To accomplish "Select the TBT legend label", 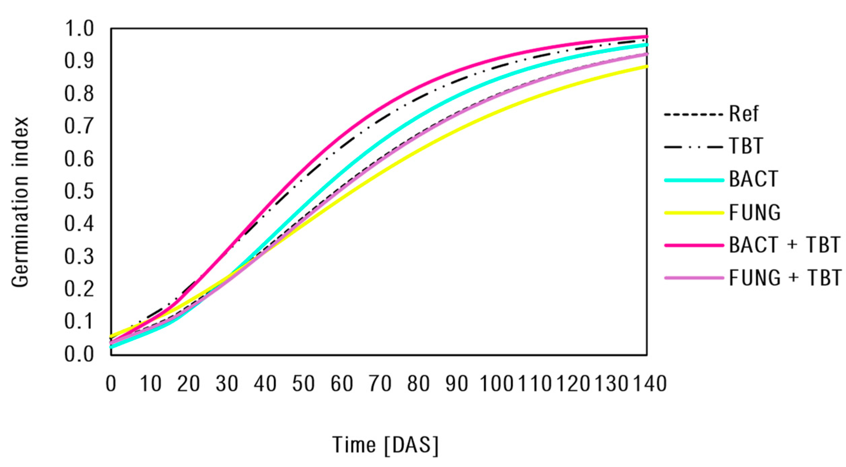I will (x=746, y=146).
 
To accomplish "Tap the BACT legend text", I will (x=753, y=179).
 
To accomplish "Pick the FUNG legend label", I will (x=754, y=212).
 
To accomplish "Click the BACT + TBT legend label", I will (x=784, y=245).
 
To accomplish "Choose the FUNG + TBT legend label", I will (x=785, y=278).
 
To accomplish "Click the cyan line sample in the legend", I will (x=694, y=180).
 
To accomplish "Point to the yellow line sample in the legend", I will (x=694, y=213).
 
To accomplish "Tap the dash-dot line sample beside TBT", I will (x=694, y=147).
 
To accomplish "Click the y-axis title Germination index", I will (x=20, y=202).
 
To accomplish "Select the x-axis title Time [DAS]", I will (x=385, y=445).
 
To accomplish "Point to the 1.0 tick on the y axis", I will (x=79, y=29).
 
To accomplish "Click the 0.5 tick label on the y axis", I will (x=79, y=191).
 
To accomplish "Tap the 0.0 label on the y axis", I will (x=79, y=354).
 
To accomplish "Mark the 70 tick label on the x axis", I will (x=380, y=384).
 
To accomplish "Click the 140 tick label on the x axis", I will (x=650, y=384).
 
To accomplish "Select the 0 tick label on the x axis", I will (x=111, y=384).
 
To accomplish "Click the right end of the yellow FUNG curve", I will (x=646, y=67).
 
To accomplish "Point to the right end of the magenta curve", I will (x=646, y=36).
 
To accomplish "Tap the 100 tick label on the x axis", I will (x=496, y=384).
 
